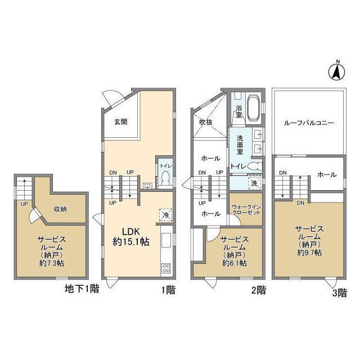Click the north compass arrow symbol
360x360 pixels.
coord(337,71)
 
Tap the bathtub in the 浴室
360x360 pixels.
coord(254,107)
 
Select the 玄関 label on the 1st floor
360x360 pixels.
coord(121,121)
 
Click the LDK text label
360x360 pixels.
coord(131,232)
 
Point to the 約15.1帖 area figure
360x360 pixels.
coord(131,242)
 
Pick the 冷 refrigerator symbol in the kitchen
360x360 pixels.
coord(166,215)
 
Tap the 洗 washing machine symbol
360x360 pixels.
coord(254,183)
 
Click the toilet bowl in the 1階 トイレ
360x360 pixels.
coord(165,179)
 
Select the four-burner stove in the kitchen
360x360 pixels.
coord(166,268)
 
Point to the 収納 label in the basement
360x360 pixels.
coord(60,209)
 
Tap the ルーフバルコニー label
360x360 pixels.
coord(309,123)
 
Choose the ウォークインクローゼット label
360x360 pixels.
coord(246,210)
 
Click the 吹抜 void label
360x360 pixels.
coord(206,123)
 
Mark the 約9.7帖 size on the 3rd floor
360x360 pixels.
coord(309,253)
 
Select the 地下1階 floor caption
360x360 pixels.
coord(82,289)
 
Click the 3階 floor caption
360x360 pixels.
coord(340,293)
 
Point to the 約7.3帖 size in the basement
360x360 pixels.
coord(52,263)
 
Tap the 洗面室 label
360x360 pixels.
coord(240,145)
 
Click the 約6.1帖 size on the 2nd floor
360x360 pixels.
coord(235,263)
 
